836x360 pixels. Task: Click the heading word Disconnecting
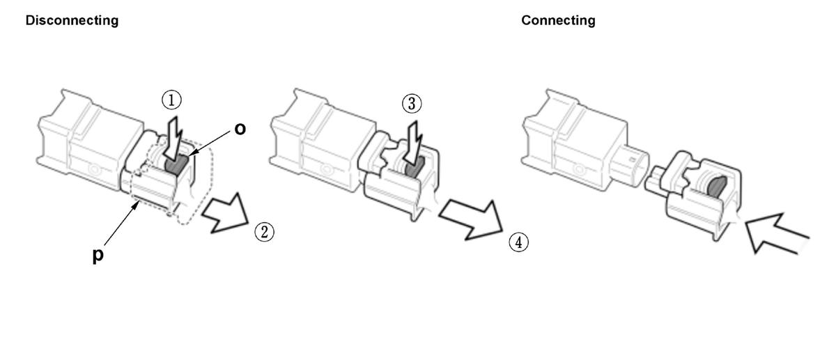coord(72,20)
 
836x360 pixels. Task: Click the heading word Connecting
coord(558,20)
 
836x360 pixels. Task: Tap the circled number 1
coord(171,100)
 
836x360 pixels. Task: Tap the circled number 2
coord(264,232)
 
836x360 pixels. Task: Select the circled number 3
coord(412,103)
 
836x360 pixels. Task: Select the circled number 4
coord(519,242)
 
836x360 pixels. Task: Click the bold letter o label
coord(240,129)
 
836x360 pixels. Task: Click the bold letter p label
coord(98,256)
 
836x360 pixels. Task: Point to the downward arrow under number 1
coord(173,138)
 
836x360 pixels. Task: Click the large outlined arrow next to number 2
coord(226,213)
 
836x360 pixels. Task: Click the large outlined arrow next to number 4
coord(472,220)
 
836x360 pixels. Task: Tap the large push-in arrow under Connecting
coord(776,233)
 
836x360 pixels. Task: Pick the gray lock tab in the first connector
coord(176,164)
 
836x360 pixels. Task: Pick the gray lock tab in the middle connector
coord(415,167)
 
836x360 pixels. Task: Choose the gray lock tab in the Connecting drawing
coord(716,187)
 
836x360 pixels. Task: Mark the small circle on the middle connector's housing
coord(325,170)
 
